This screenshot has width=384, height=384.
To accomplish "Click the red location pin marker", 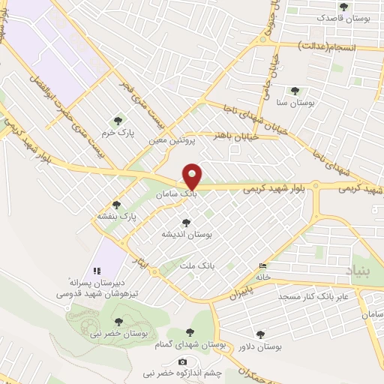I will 192,176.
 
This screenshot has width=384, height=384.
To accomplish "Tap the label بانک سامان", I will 177,193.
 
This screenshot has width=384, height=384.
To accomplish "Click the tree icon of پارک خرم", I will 116,120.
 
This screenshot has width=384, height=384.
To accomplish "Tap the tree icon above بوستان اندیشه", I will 186,223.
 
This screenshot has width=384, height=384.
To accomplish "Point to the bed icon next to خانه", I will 262,266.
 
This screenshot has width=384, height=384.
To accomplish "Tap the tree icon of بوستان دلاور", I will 261,334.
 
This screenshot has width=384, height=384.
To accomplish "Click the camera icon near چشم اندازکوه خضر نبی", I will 181,362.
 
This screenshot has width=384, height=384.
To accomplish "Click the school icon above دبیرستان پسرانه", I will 96,271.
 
